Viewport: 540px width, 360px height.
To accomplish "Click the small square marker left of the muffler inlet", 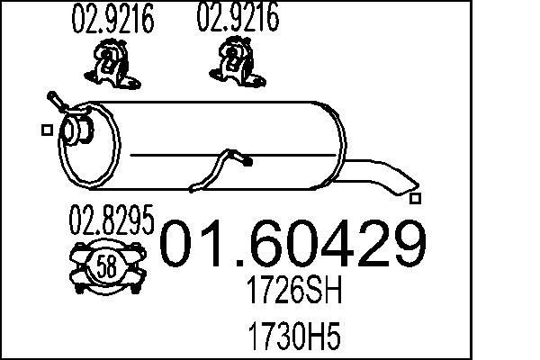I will tap(46, 130).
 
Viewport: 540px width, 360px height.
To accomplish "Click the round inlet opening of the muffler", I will tap(71, 132).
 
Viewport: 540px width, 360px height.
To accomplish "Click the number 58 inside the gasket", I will tap(106, 265).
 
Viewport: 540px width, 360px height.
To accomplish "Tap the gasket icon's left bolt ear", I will tap(76, 265).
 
